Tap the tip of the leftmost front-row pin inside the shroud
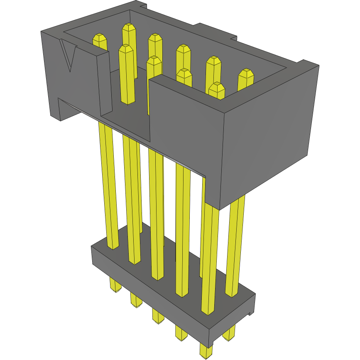[126, 49]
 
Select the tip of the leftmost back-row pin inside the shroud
[100, 38]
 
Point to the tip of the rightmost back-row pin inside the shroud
[245, 74]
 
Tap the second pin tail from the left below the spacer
[135, 300]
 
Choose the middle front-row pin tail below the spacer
[157, 316]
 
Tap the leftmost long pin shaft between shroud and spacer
[108, 187]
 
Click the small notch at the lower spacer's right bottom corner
[250, 314]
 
